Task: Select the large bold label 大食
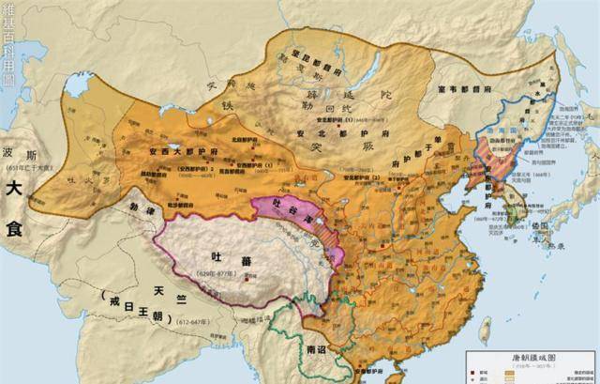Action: pos(16,196)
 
